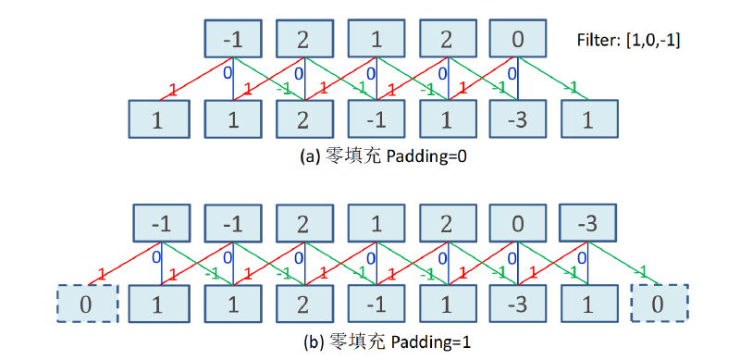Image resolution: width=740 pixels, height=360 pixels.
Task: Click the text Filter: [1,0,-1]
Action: pos(629,40)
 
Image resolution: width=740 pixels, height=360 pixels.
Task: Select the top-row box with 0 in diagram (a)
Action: pos(518,39)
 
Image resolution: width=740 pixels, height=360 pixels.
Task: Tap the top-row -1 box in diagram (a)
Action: pos(233,39)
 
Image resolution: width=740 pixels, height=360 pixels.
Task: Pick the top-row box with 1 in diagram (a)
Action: pos(376,39)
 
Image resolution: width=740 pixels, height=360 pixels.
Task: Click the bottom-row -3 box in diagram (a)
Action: pos(518,119)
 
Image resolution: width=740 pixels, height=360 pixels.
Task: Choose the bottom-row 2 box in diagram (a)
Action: pos(304,119)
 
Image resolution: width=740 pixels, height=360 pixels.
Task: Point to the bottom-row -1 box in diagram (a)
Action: pos(376,119)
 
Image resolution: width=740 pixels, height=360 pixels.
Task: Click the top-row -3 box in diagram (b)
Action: pos(587,223)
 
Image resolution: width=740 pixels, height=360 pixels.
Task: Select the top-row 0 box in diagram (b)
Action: pos(518,223)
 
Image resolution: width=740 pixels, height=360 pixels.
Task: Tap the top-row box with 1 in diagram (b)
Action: pos(376,223)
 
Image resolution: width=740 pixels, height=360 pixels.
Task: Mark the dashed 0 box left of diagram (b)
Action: pos(87,304)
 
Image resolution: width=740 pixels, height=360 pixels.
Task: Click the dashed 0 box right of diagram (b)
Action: pos(659,304)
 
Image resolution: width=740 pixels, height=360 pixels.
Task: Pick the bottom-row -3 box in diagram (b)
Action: pos(518,304)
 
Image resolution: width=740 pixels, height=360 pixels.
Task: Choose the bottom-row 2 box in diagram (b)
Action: pos(304,304)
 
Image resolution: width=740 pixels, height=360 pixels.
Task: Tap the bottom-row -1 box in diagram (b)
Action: pos(376,304)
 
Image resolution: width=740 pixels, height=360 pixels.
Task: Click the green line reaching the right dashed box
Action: pos(623,264)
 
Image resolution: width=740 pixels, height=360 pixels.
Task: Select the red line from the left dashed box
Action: pos(125,264)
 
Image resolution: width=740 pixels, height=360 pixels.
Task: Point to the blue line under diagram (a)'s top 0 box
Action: pos(518,79)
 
